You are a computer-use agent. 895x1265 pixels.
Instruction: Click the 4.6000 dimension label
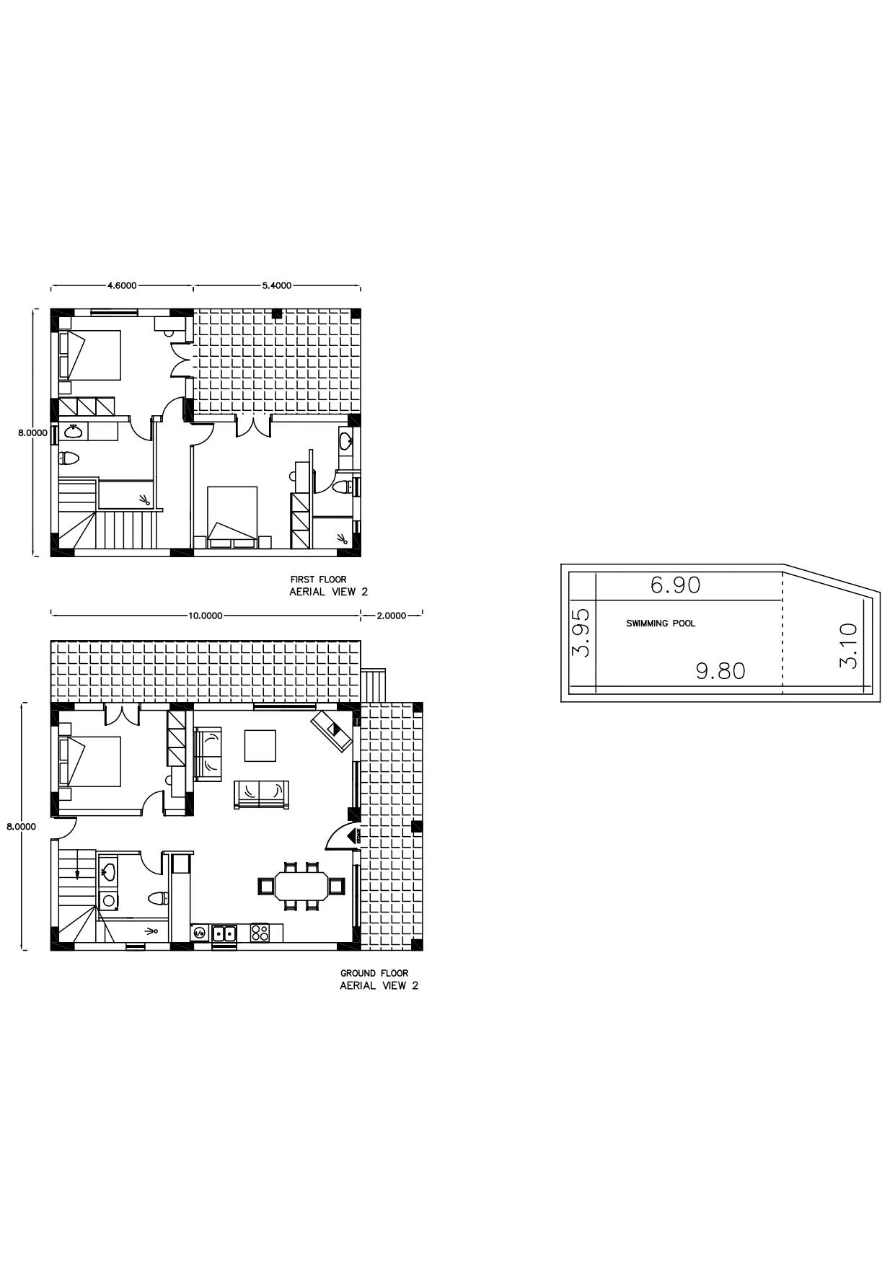point(122,285)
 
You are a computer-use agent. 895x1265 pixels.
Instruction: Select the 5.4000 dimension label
point(277,285)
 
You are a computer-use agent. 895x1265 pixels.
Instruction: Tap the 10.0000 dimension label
point(206,616)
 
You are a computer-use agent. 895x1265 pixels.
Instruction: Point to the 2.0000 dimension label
point(392,616)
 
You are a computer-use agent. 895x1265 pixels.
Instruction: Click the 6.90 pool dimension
point(675,585)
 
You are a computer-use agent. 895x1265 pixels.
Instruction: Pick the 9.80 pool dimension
point(720,671)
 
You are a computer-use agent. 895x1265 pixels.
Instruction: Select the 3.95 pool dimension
point(581,632)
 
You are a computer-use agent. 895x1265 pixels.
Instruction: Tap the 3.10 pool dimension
point(849,646)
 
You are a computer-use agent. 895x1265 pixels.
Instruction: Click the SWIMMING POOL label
point(661,623)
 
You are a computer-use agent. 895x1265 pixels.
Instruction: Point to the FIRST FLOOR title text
point(318,580)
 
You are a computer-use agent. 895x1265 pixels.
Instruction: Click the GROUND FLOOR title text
point(374,973)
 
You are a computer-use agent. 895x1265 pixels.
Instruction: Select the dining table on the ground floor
point(301,886)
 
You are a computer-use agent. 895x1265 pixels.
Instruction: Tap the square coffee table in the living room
point(260,746)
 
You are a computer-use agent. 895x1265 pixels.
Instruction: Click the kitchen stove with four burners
point(260,933)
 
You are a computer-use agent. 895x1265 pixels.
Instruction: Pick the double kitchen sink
point(224,933)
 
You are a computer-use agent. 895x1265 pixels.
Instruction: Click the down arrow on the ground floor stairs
point(77,873)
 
